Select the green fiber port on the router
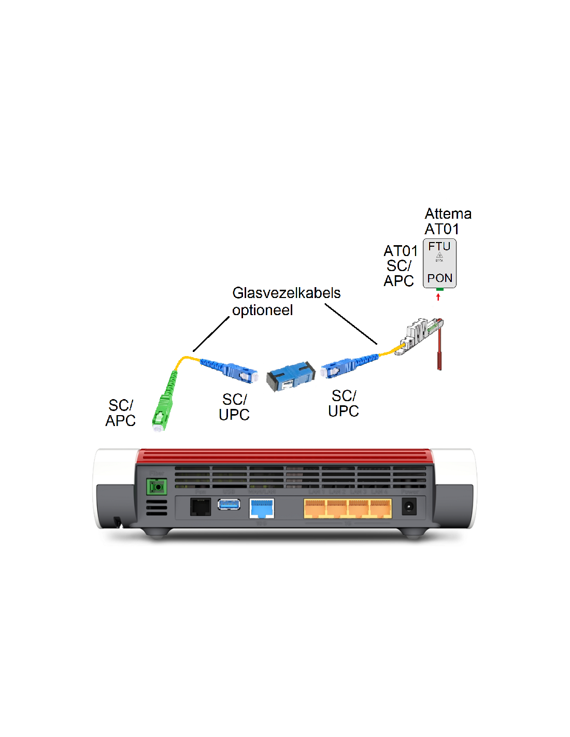156,487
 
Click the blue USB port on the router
229,504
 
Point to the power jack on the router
409,506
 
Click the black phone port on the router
201,506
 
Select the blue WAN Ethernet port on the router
262,507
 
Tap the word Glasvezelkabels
286,293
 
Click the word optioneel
262,310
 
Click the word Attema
448,214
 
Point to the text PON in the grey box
439,278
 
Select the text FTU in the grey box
439,247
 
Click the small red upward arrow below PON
438,297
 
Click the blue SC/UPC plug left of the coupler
236,370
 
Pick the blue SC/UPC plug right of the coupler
342,366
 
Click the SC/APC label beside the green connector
120,413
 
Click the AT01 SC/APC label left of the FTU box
400,266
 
